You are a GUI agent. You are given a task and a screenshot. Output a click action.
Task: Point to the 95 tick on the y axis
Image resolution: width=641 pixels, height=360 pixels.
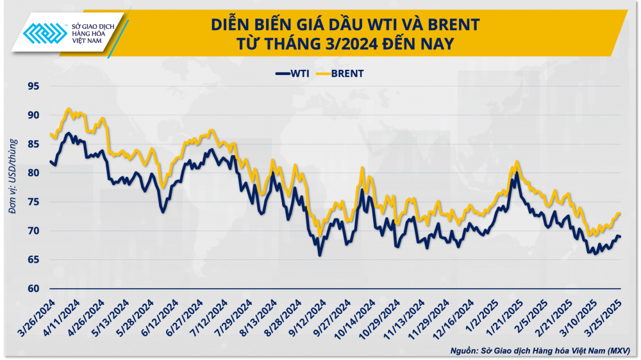[x=31, y=86]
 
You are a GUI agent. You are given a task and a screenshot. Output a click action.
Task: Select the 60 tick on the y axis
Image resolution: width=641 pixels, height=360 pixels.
[x=31, y=288]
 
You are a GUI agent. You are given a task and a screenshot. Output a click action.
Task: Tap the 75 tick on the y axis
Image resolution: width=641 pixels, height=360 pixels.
[x=31, y=202]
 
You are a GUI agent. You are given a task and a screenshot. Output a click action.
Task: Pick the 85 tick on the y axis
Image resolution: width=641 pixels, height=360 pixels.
[x=31, y=144]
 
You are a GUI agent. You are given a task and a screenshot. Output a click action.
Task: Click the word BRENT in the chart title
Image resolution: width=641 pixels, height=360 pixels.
[x=449, y=25]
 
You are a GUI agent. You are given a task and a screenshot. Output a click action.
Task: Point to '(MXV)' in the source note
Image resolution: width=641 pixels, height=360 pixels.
[x=618, y=351]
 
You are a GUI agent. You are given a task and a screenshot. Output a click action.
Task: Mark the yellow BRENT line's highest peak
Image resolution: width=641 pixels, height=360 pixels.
[x=69, y=110]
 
